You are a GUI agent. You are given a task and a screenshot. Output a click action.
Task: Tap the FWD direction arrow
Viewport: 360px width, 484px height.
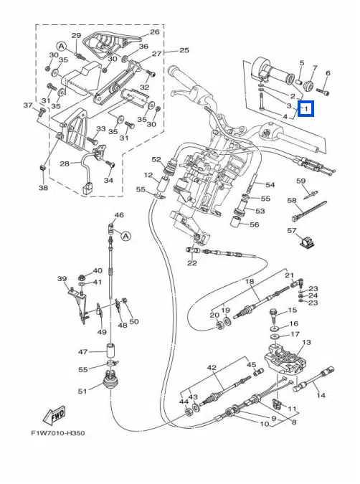[55, 415]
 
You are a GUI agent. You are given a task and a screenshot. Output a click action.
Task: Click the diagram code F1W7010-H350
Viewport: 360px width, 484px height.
[58, 433]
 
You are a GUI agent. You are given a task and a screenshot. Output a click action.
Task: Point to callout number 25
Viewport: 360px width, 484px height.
[184, 50]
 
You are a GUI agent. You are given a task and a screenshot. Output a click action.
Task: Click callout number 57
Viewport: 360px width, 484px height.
[292, 231]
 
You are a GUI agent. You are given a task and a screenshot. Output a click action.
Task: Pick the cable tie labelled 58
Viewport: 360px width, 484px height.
[305, 211]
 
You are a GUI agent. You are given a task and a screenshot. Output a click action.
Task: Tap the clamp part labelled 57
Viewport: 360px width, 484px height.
[307, 242]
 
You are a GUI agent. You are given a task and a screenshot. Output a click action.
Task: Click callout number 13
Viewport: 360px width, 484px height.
[306, 342]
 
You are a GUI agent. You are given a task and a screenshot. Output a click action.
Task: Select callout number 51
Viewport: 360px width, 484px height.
[82, 392]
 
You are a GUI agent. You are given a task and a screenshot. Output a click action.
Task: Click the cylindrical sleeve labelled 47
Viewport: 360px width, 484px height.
[111, 351]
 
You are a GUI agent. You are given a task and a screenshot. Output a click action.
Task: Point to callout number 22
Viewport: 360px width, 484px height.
[192, 263]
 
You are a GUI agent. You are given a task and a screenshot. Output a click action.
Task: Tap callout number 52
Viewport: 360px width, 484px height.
[156, 160]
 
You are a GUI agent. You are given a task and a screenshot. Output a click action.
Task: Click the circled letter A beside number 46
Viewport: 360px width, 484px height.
[125, 237]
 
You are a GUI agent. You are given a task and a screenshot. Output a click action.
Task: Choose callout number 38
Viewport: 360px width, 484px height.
[43, 187]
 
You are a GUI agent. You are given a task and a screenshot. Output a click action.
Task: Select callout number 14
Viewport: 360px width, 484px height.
[321, 395]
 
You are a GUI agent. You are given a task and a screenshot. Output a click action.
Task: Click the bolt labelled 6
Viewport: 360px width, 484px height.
[323, 91]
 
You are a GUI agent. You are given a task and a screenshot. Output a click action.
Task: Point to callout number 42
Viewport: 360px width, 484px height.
[212, 368]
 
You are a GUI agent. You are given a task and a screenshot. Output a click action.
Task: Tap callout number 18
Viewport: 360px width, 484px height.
[250, 282]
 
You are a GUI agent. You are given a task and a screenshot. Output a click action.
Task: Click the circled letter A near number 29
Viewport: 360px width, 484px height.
[62, 47]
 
